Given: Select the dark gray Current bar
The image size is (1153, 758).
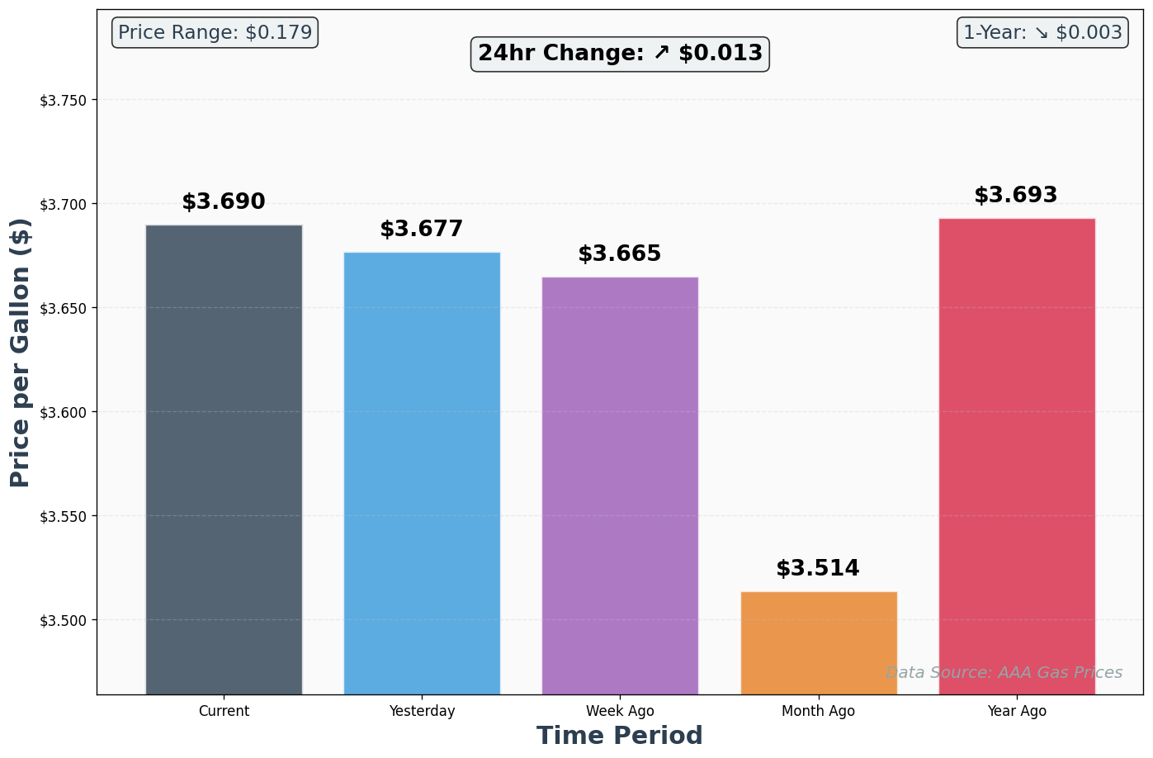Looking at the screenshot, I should [x=224, y=459].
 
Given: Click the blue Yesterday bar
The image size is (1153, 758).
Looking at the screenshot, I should [x=422, y=473].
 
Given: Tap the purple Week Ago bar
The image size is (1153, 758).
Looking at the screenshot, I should [x=620, y=486].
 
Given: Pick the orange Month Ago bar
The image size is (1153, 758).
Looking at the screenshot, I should [x=819, y=642].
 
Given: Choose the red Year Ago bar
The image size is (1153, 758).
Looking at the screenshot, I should [x=1017, y=456].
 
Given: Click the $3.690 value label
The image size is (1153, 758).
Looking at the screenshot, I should [x=224, y=202].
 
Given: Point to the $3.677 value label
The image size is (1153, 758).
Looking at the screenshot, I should [x=422, y=230].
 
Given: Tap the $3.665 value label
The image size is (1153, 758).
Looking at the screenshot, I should [x=620, y=254].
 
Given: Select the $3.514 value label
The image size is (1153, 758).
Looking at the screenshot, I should [x=818, y=569].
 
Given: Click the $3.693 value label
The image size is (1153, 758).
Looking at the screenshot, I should [x=1016, y=196].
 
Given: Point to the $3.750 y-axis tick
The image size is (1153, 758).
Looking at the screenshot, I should [x=63, y=101].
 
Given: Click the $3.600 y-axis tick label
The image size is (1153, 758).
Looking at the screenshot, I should [x=63, y=412].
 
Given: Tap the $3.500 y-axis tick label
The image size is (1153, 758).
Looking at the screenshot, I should [x=63, y=620].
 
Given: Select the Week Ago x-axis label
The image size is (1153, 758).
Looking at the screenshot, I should [x=620, y=711].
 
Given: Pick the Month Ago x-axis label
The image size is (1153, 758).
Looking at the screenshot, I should [x=818, y=711].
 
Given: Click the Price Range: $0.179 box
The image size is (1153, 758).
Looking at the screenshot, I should [x=215, y=33].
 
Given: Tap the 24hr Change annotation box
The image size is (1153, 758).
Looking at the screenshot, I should [x=620, y=54].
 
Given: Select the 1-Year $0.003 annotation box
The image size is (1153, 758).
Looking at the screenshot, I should [x=1042, y=33].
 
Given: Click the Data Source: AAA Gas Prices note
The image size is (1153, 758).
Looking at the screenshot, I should [x=1004, y=673].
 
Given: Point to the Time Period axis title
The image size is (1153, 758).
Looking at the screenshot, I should [x=620, y=736].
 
